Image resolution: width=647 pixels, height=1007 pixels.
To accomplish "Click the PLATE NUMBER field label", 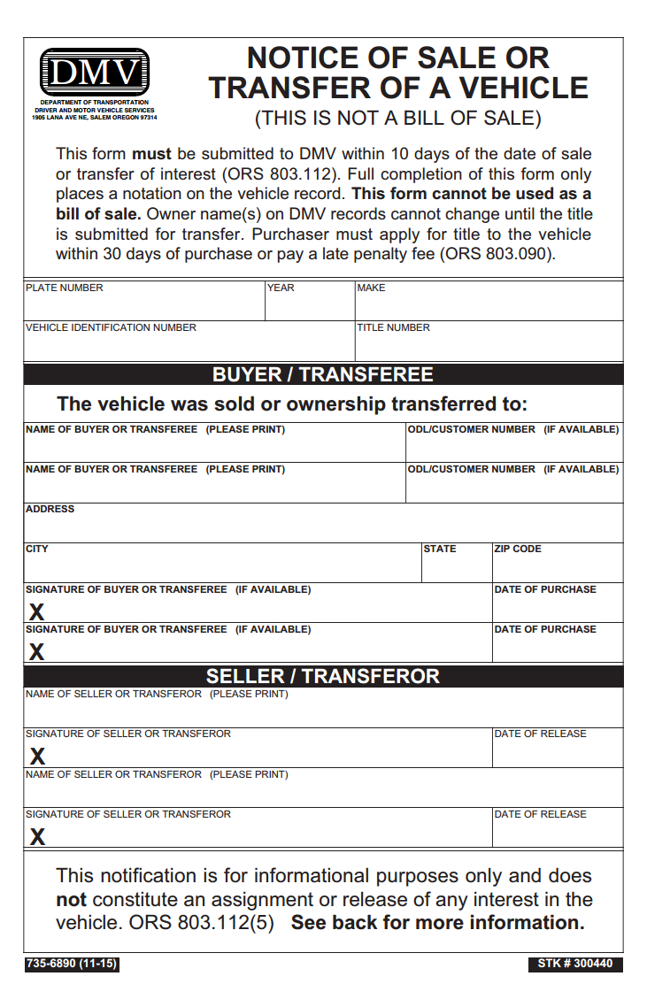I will (x=65, y=288).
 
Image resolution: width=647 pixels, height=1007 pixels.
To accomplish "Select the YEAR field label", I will (x=281, y=288).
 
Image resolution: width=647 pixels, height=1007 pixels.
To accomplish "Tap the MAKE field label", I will (x=372, y=288).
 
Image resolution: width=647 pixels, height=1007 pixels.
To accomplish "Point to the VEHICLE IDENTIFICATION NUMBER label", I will (x=112, y=327).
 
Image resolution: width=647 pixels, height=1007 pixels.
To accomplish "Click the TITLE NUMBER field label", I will (x=394, y=327).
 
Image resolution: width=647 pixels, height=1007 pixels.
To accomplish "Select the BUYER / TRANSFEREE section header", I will (x=323, y=374).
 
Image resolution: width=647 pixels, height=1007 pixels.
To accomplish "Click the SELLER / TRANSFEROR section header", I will (x=323, y=676).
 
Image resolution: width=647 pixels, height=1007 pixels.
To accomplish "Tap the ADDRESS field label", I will (x=50, y=509).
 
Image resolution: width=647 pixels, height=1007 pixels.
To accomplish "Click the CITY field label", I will (x=37, y=549).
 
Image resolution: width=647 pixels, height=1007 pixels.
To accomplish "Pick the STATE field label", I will (x=440, y=549).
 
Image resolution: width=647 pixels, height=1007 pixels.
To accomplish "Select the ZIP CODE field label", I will (x=518, y=549).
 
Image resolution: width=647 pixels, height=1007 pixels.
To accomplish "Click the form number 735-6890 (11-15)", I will (x=72, y=964).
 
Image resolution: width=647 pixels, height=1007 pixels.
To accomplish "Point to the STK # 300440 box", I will (x=575, y=964).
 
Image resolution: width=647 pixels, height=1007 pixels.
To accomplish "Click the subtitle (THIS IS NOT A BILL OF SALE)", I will (x=398, y=118).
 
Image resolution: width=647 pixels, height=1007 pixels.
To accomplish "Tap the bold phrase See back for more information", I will (x=438, y=922).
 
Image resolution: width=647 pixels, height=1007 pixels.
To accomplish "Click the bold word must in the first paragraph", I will (x=151, y=154).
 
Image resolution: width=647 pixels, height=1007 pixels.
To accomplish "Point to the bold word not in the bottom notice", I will (x=71, y=899).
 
